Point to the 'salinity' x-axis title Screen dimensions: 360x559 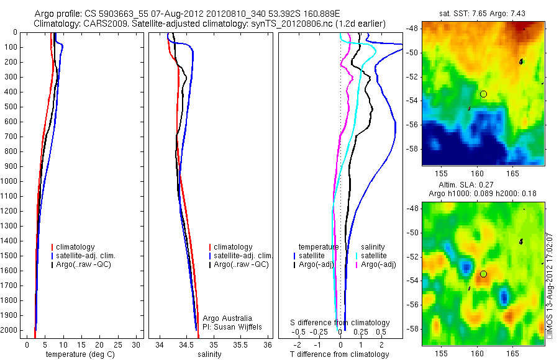(210, 354)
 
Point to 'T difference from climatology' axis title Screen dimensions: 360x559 (340, 354)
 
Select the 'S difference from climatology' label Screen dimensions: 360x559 (340, 323)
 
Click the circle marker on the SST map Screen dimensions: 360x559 (483, 94)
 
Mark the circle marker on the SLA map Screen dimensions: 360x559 (483, 274)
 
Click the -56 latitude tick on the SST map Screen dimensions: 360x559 (412, 124)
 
